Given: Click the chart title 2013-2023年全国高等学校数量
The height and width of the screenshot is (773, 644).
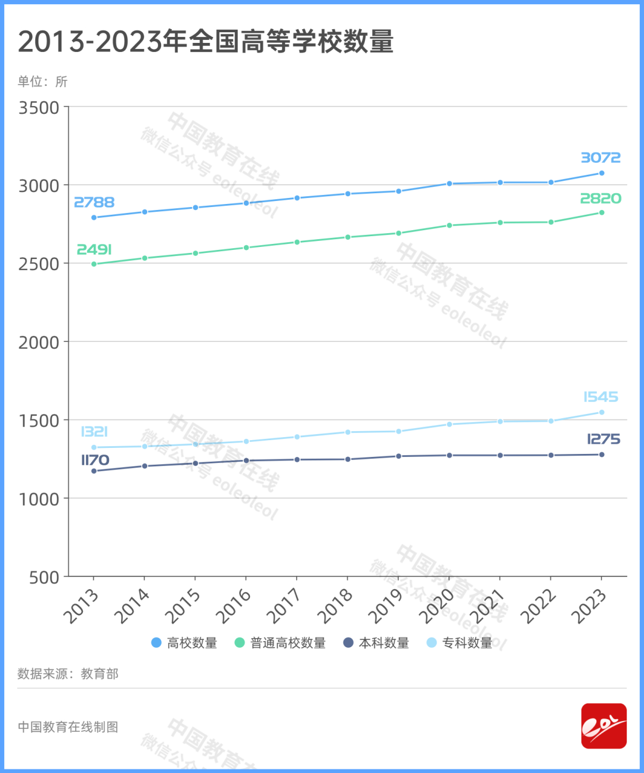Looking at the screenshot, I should coord(206,42).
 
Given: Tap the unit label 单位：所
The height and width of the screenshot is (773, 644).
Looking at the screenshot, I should coord(42,82).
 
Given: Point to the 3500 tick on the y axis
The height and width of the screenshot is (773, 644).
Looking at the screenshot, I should coord(39,108).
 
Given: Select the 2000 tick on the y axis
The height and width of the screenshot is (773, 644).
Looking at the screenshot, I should coord(39,342).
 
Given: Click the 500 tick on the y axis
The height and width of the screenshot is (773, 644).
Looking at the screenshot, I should coord(44,577).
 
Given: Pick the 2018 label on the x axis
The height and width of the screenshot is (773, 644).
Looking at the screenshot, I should coord(335,605).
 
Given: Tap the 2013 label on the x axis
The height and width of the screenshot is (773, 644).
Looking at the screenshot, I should coord(80,605).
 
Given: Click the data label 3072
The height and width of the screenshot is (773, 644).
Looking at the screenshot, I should coord(600,157).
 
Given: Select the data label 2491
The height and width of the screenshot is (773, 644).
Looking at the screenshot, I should coord(94,249).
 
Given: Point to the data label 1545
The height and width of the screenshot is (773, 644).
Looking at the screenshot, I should coord(600,397).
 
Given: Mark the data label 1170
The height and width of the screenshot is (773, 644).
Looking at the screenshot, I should coord(95,460).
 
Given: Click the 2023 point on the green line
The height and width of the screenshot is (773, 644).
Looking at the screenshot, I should coord(602,212).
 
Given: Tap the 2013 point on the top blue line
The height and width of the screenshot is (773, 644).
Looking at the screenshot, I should coord(94,217).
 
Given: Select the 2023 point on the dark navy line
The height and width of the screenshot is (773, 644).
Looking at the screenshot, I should coord(602,454).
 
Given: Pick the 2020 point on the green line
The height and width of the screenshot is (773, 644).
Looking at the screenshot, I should coord(450,225).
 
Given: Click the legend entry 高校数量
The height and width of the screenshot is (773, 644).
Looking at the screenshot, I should coord(184,643).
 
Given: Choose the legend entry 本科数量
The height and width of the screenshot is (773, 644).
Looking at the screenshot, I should coord(376,643).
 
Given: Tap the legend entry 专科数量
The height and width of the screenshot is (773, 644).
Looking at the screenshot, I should coord(460,643).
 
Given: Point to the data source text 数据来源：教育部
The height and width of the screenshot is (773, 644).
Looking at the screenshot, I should coord(68,674).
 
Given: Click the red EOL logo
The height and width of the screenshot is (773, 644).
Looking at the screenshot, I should coord(603,726).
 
